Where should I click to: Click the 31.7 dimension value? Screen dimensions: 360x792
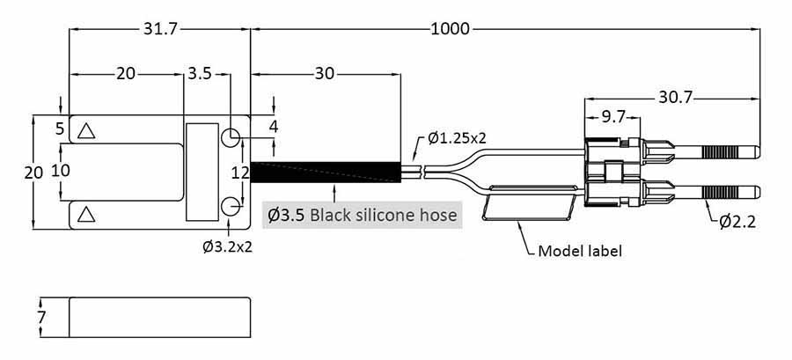[160, 29]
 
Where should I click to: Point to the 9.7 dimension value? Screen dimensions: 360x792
[607, 116]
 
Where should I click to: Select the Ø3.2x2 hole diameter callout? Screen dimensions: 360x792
[227, 246]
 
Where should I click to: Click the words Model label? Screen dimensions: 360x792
[580, 251]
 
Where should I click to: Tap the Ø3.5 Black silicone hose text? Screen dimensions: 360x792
[363, 215]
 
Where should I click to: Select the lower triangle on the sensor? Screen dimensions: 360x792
[85, 213]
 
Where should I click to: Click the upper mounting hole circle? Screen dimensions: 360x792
[231, 137]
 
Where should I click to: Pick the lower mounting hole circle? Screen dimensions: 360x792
[231, 207]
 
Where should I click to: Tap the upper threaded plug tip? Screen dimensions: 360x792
[733, 151]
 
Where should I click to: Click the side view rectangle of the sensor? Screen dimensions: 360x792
[159, 316]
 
